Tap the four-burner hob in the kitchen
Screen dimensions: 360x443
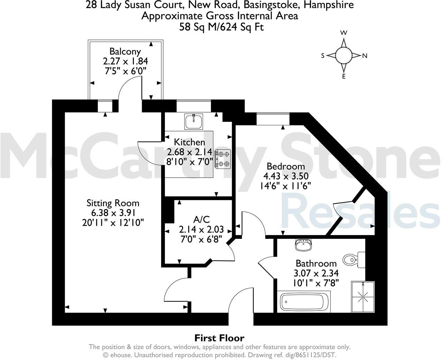(223, 159)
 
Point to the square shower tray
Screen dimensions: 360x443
(363, 296)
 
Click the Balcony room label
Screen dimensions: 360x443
(125, 52)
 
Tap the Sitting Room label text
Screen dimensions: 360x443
(113, 203)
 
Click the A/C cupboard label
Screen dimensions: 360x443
(201, 219)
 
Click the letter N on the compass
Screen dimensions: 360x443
(364, 56)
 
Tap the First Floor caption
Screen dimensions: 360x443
(219, 338)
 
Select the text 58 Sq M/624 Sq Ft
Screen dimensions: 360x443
(221, 27)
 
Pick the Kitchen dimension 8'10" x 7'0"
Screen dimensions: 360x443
(190, 162)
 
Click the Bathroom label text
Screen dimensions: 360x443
(316, 263)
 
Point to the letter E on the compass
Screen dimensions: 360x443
(344, 77)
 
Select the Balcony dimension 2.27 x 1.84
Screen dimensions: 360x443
(125, 61)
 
